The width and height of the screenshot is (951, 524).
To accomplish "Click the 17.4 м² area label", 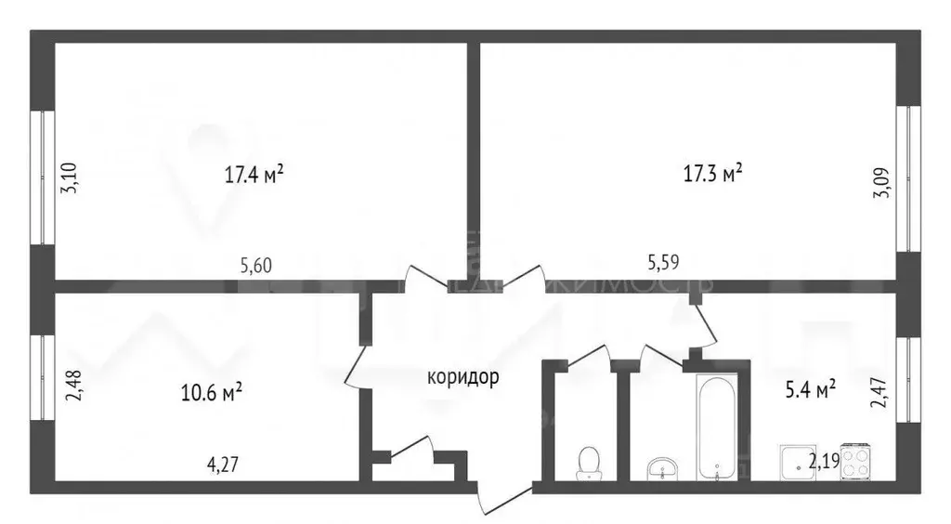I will pos(254,173).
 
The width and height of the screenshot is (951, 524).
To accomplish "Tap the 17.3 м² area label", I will pos(712,173).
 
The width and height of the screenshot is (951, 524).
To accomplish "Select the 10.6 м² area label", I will pos(213,392).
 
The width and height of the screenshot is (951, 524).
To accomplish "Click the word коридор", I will pos(462,377).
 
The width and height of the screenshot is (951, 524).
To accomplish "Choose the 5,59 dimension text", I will pos(663,264).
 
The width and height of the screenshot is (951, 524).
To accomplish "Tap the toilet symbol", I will pos(588,462).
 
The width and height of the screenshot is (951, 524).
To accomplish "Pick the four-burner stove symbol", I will pos(854,462).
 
